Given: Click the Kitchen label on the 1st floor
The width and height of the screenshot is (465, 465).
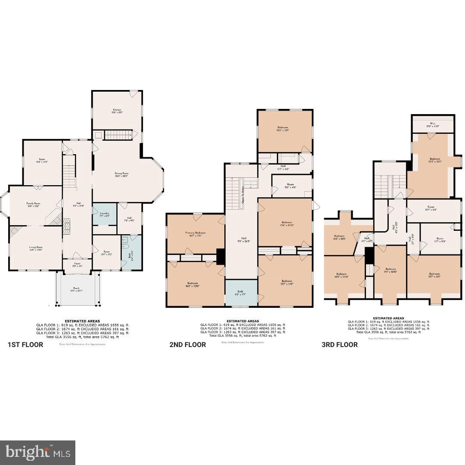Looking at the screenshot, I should tap(114, 111).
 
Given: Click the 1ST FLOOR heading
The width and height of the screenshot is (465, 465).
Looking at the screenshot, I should tap(25, 344).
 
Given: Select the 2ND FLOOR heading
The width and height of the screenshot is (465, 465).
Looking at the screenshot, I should tap(187, 344).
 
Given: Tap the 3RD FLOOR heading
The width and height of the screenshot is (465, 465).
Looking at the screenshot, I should tap(339, 344).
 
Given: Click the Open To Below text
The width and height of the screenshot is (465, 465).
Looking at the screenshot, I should tap(242, 194).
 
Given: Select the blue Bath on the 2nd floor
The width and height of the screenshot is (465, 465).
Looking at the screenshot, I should tap(241, 293).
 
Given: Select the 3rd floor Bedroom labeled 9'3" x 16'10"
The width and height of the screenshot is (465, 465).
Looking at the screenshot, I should tap(390, 270).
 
